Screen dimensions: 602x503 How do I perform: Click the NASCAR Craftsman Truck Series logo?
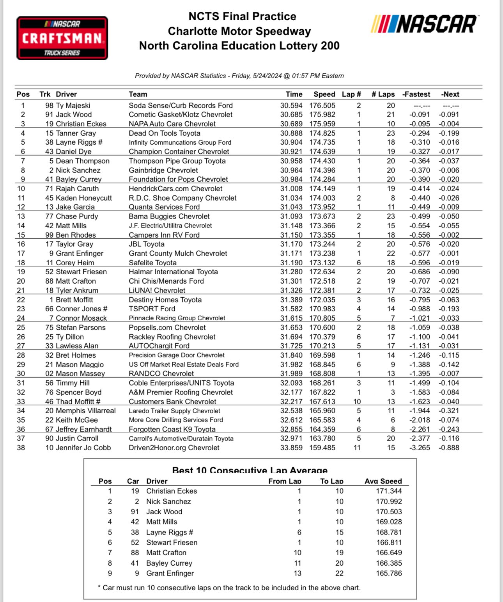(62, 38)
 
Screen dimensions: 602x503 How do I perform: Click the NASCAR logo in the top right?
(424, 24)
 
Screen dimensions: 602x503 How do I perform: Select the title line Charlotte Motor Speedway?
(239, 31)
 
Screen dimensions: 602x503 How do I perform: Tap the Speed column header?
(324, 94)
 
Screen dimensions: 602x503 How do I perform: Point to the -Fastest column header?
(416, 94)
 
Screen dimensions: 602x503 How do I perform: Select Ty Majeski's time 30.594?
(291, 106)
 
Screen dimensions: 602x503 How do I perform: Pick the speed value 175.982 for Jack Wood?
(322, 115)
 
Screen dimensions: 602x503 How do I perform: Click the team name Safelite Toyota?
(152, 263)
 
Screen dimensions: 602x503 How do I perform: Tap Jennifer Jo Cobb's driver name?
(83, 448)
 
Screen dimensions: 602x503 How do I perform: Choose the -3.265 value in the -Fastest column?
(420, 448)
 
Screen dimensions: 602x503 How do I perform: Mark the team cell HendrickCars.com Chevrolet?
(175, 189)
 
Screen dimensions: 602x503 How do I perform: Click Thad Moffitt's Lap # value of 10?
(357, 402)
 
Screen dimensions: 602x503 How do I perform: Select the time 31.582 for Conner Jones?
(291, 309)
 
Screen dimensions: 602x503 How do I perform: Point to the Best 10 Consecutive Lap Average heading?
(250, 470)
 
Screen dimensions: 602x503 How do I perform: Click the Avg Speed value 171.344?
(389, 491)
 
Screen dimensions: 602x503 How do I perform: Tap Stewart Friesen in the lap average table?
(172, 543)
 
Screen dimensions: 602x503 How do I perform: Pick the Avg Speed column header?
(383, 481)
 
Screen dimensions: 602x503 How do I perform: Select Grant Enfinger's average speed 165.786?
(389, 574)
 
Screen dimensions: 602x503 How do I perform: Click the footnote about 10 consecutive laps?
(229, 588)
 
